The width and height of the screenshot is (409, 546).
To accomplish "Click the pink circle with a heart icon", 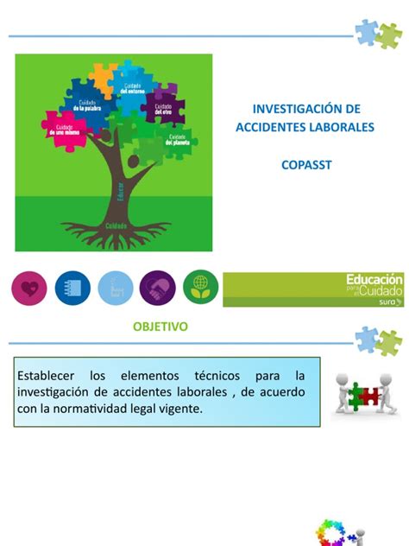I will click(x=29, y=288).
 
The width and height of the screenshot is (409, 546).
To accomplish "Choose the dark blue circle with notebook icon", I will click(x=72, y=288).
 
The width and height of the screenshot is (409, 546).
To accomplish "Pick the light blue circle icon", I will click(x=115, y=288).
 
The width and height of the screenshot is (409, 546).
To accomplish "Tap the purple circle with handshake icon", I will click(x=157, y=288).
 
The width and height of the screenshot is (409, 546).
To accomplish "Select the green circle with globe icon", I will click(x=199, y=288).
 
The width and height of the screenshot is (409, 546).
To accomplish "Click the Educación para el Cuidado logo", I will click(x=313, y=289).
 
